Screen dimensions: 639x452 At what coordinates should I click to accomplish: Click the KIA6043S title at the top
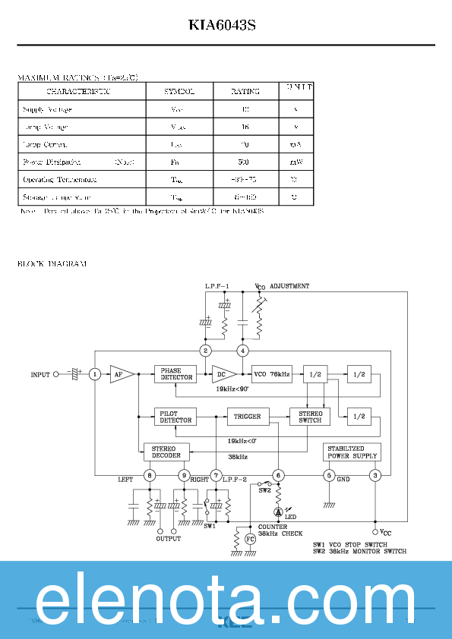(x=223, y=25)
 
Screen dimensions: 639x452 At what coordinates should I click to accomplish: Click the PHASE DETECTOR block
(x=176, y=374)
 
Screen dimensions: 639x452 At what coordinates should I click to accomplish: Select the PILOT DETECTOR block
(x=176, y=417)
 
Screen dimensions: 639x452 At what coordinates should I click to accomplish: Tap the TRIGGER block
(x=248, y=417)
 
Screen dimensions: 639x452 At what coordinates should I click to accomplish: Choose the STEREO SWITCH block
(x=310, y=417)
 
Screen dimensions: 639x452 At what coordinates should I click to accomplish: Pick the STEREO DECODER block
(x=166, y=452)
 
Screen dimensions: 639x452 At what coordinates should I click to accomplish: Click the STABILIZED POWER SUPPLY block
(x=352, y=452)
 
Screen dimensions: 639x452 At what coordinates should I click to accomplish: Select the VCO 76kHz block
(x=272, y=374)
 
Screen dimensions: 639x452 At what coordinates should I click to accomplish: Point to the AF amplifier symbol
(x=120, y=374)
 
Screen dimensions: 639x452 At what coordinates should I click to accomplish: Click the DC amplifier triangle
(x=222, y=374)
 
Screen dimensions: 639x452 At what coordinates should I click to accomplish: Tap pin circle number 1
(x=95, y=374)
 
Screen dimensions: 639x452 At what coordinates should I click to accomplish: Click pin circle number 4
(x=242, y=351)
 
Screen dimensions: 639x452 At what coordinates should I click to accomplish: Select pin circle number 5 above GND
(x=328, y=476)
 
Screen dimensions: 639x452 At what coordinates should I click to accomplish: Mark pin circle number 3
(x=375, y=476)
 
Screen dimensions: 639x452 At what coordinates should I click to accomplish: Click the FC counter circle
(x=250, y=539)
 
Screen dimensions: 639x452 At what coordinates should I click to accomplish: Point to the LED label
(x=291, y=518)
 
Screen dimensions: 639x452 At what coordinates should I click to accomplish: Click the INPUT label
(x=40, y=375)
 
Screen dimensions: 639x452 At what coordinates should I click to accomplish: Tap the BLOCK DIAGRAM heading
(x=52, y=264)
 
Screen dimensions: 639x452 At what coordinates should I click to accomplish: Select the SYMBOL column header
(x=179, y=91)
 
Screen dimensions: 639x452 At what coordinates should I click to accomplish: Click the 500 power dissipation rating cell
(x=243, y=162)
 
